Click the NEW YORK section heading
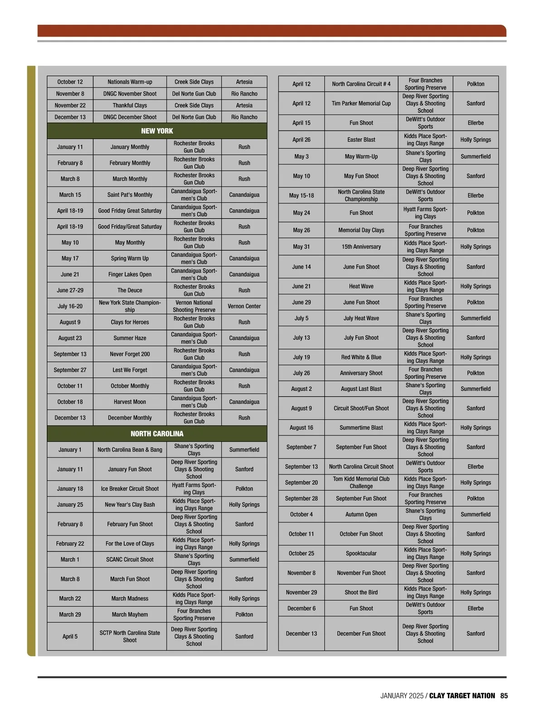[157, 131]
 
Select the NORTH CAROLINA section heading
[157, 434]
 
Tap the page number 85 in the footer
[504, 696]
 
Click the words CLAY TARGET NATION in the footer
[462, 696]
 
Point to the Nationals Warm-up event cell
[130, 82]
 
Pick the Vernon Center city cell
[244, 306]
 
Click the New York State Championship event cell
[130, 306]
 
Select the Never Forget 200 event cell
[130, 354]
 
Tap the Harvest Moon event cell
[130, 402]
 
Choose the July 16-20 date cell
[70, 306]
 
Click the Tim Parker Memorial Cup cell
[361, 103]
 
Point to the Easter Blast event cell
[361, 140]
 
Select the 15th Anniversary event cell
[361, 247]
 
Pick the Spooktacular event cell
[361, 554]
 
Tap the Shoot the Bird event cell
[361, 593]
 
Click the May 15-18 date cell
[301, 196]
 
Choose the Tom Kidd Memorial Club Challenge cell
[361, 482]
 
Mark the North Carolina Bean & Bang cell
[130, 450]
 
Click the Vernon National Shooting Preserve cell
[194, 306]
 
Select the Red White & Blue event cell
[361, 357]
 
